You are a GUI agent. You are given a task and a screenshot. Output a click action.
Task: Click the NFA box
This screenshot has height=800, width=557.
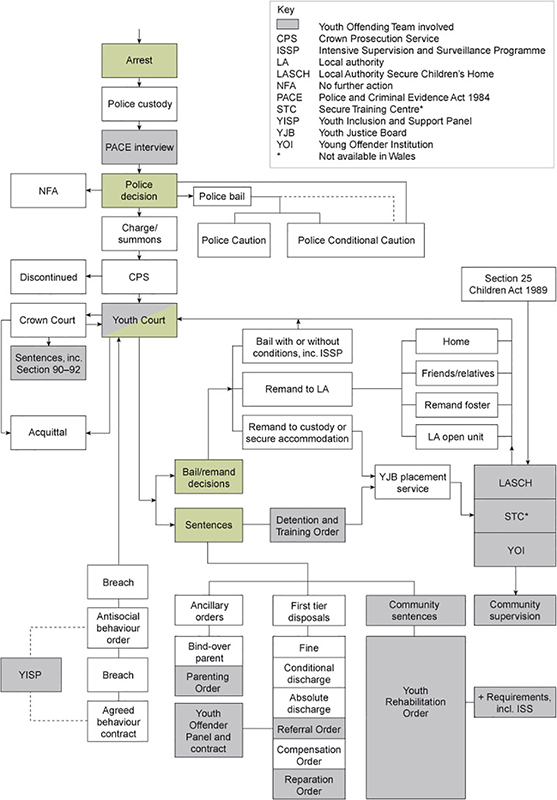[47, 190]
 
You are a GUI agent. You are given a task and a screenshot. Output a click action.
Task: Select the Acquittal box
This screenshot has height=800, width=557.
[47, 432]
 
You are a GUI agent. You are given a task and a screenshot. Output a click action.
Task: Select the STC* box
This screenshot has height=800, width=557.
[498, 518]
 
